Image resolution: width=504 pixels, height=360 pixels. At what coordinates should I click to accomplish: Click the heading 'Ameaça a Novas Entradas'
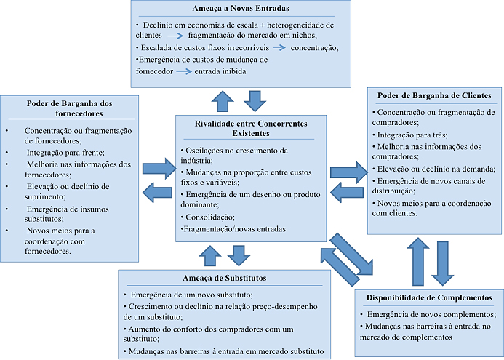coord(241,8)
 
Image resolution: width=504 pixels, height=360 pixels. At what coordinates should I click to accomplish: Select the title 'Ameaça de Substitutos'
coord(224,278)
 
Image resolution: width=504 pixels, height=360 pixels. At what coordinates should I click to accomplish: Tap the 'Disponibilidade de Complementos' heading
coord(429,297)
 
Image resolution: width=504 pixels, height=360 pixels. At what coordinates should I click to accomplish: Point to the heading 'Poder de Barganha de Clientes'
coord(434,95)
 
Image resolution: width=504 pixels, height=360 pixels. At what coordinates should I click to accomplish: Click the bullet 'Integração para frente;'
coord(65,153)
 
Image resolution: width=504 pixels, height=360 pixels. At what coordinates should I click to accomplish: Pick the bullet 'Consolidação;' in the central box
coord(208,217)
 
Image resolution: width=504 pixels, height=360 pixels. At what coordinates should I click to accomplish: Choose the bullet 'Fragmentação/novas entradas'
coord(233,229)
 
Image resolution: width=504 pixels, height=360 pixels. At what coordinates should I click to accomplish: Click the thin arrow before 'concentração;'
coord(279,47)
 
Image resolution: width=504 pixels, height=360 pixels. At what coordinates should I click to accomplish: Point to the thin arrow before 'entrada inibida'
coord(184,71)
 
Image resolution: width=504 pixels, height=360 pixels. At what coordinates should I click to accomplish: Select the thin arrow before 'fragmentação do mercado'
coord(175,36)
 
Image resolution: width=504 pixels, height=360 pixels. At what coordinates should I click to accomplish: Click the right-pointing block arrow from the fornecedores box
coord(159,168)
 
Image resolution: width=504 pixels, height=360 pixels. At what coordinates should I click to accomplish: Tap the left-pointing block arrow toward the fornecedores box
coord(157,193)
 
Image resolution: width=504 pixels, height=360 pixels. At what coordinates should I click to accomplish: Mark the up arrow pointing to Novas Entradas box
coord(223,101)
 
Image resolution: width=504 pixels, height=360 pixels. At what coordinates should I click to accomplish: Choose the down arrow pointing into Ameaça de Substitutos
coord(239,255)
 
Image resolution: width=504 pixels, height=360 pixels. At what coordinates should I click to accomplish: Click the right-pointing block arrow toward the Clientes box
coord(349,172)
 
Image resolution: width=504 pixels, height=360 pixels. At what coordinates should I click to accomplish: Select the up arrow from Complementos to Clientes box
coord(418,262)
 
